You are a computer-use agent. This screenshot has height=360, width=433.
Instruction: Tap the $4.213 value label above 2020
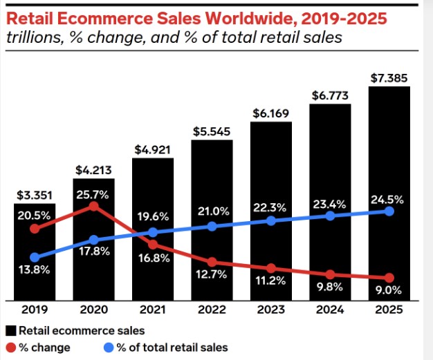[x=93, y=169]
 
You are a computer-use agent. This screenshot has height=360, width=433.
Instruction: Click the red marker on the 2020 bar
[x=93, y=206]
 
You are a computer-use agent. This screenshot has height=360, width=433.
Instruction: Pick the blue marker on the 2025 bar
[x=389, y=211]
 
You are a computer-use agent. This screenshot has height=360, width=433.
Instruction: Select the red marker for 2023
[x=271, y=268]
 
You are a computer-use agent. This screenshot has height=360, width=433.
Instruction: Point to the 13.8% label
[x=33, y=270]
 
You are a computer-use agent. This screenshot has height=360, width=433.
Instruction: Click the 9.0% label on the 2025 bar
[x=389, y=290]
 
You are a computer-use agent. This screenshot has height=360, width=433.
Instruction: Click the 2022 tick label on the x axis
[x=212, y=311]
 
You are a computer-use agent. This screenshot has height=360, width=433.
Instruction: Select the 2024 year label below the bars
[x=330, y=311]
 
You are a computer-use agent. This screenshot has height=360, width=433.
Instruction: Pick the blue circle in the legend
[x=109, y=347]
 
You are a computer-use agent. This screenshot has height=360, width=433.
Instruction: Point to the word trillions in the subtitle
[x=31, y=37]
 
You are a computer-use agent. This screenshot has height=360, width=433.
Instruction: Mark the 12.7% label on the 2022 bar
[x=212, y=276]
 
